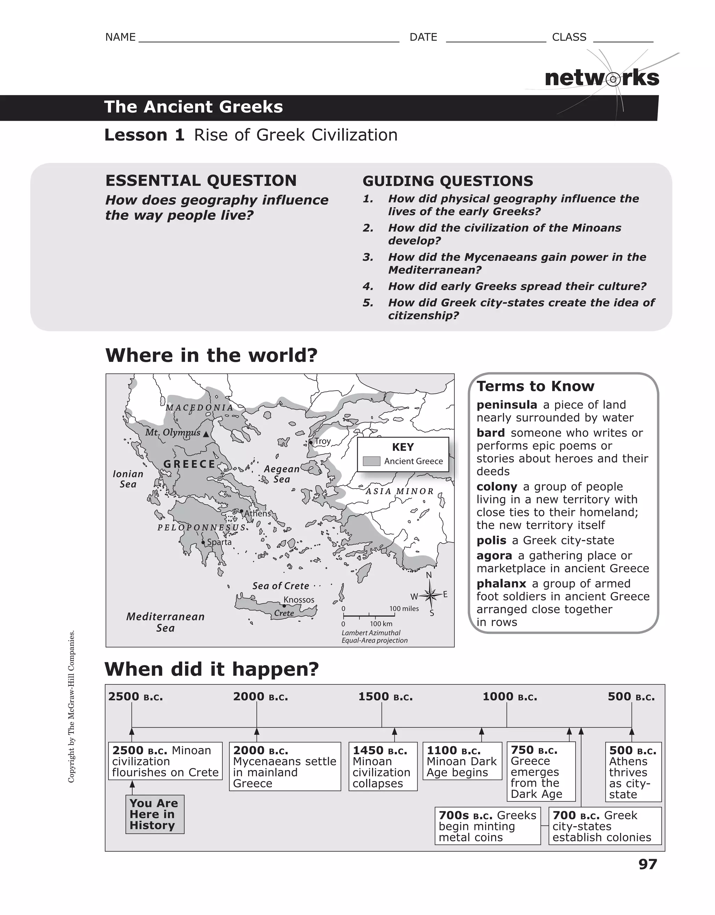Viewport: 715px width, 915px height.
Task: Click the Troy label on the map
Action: click(x=323, y=441)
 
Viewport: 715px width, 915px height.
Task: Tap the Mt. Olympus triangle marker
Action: click(x=206, y=434)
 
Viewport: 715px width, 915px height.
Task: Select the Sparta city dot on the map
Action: click(x=203, y=542)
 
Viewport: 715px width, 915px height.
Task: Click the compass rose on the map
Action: click(x=429, y=594)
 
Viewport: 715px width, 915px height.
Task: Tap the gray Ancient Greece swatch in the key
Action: click(x=371, y=461)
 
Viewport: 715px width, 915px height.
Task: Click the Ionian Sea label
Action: click(x=128, y=479)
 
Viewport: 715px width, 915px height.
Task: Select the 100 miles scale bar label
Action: click(x=404, y=608)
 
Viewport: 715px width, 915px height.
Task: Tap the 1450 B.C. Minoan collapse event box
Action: click(x=383, y=766)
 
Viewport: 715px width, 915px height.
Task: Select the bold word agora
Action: click(x=494, y=556)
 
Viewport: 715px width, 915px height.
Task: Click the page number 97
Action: click(x=648, y=864)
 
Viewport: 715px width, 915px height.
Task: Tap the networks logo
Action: click(x=602, y=78)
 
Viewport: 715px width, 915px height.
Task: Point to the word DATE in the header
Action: click(x=423, y=37)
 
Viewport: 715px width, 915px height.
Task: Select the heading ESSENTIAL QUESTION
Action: click(x=201, y=181)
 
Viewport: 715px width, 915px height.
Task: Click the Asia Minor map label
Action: click(x=400, y=491)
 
